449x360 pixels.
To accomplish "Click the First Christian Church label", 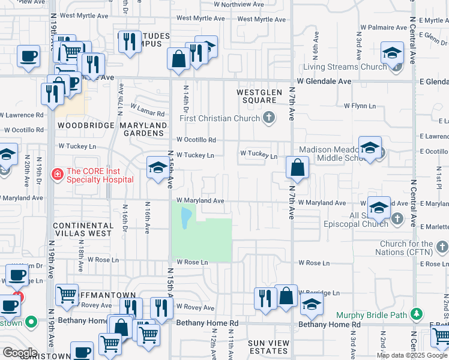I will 221,118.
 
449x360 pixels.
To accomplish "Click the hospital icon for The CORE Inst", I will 58,175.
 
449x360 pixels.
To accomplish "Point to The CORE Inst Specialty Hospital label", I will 100,175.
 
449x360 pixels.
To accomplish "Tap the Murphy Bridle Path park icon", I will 415,314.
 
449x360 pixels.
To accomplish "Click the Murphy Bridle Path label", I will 372,315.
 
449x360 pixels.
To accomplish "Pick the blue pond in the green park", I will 186,214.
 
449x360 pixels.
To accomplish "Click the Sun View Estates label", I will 269,347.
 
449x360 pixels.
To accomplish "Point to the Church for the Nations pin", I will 442,247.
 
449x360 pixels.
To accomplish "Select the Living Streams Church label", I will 345,67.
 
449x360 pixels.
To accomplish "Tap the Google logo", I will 20,353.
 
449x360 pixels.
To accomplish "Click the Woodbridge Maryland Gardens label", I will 112,129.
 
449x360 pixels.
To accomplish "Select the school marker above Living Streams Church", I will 392,53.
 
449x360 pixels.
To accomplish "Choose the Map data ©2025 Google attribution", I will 411,355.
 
